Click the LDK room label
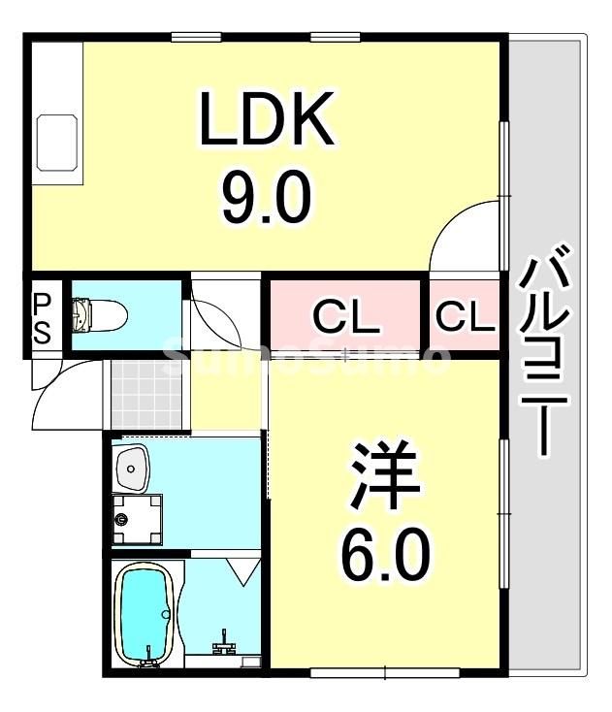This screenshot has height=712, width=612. [266, 119]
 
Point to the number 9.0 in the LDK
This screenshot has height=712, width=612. [266, 197]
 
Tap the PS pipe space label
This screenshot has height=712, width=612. [43, 318]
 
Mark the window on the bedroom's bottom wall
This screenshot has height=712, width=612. [386, 671]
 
